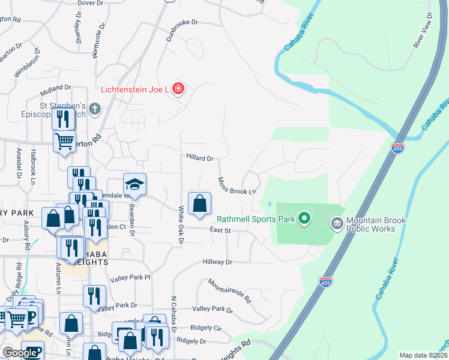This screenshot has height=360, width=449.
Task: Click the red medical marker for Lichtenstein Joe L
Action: pyautogui.click(x=178, y=89)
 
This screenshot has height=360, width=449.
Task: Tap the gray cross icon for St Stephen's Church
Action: pyautogui.click(x=94, y=109)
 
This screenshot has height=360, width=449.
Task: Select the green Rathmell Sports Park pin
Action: pyautogui.click(x=304, y=219)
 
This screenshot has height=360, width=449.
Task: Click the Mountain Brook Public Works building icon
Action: pyautogui.click(x=337, y=224)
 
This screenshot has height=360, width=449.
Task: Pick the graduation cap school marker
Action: pyautogui.click(x=135, y=185)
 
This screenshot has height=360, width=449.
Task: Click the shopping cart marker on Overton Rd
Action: pyautogui.click(x=64, y=142)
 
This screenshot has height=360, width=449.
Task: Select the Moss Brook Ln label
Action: pyautogui.click(x=237, y=186)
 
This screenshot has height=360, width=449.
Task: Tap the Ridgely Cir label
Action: pyautogui.click(x=206, y=328)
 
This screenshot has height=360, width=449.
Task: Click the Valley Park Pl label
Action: pyautogui.click(x=130, y=278)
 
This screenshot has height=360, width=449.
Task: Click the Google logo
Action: pyautogui.click(x=20, y=353)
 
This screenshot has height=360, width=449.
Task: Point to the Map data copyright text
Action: pyautogui.click(x=423, y=355)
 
